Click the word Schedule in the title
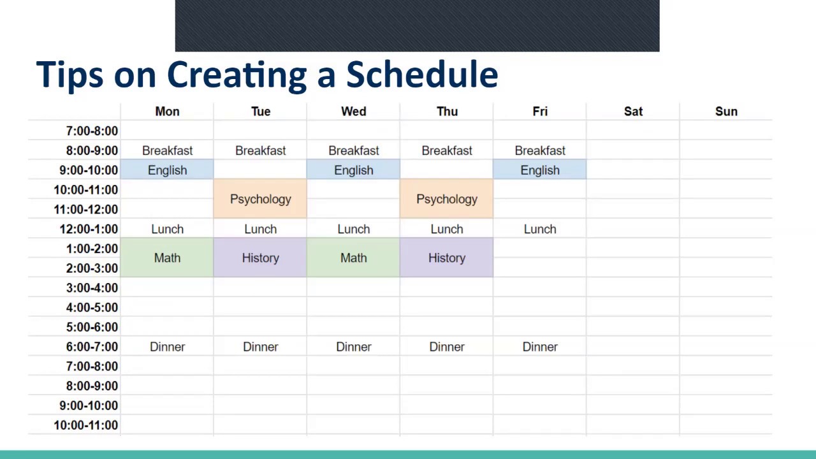point(422,75)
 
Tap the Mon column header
point(167,112)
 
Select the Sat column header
point(633,112)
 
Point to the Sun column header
point(726,112)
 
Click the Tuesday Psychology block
point(260,198)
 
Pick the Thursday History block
point(447,258)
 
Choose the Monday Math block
point(167,258)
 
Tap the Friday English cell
point(540,170)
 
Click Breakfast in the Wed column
point(353,150)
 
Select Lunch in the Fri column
point(540,229)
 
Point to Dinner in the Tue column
point(261,347)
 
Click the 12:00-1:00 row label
point(89,229)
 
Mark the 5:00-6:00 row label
point(92,327)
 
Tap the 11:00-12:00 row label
point(86,210)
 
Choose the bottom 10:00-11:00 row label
point(86,425)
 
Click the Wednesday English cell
point(353,170)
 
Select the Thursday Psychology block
point(447,198)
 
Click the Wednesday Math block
point(353,258)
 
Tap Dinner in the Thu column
point(447,347)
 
